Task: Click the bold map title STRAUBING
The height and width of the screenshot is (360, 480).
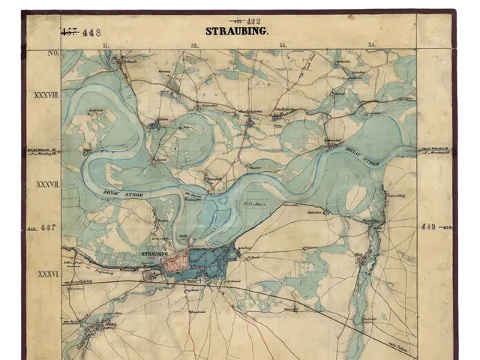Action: tap(237, 31)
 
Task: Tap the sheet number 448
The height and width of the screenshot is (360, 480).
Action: tap(93, 31)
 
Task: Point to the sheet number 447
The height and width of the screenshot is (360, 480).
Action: tap(48, 226)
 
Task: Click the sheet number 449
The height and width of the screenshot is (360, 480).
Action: tap(429, 226)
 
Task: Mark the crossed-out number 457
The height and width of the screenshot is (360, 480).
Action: tap(69, 31)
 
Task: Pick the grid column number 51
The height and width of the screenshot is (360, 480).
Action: tap(106, 46)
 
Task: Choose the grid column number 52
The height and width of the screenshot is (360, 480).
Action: tap(194, 46)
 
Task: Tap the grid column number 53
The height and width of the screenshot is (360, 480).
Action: tap(283, 46)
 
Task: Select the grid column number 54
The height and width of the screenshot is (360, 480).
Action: tap(371, 46)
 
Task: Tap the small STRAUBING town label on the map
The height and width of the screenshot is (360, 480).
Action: tap(153, 255)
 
